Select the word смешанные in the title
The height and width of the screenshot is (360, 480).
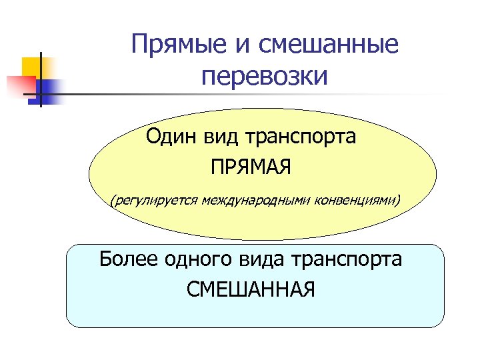323,45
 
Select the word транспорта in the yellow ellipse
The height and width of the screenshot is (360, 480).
301,138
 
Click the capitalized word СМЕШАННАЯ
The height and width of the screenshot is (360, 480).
251,289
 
